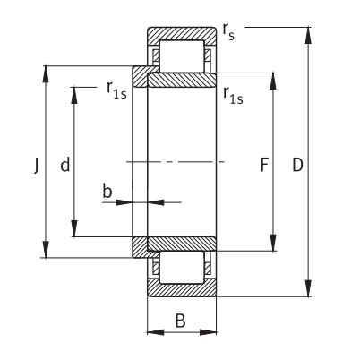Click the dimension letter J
(37, 166)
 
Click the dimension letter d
(65, 165)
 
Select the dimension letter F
(264, 165)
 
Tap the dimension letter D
(297, 165)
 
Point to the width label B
(181, 321)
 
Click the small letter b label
(107, 191)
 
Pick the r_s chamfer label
(228, 31)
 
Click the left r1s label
(116, 90)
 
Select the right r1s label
(233, 96)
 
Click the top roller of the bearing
(182, 56)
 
